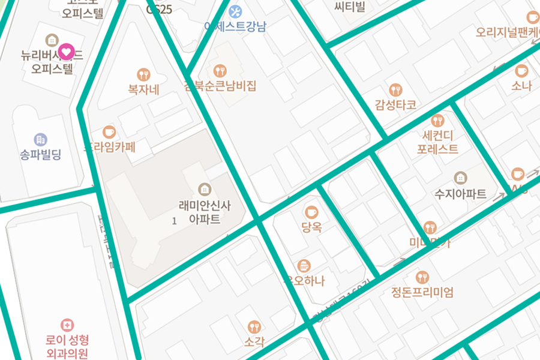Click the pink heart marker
pyautogui.click(x=67, y=52)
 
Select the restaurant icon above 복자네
pyautogui.click(x=143, y=74)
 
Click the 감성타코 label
pyautogui.click(x=395, y=105)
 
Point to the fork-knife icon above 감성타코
pyautogui.click(x=395, y=90)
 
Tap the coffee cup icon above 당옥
pyautogui.click(x=311, y=212)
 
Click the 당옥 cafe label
pyautogui.click(x=311, y=227)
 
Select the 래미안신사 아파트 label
pyautogui.click(x=204, y=212)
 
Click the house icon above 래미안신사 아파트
pyautogui.click(x=205, y=189)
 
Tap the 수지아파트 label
pyautogui.click(x=460, y=194)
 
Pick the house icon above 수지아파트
pyautogui.click(x=460, y=178)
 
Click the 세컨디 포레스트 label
pyautogui.click(x=437, y=142)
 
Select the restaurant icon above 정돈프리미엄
pyautogui.click(x=422, y=277)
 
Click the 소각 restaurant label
pyautogui.click(x=254, y=342)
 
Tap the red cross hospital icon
pyautogui.click(x=67, y=325)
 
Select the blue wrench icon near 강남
pyautogui.click(x=235, y=11)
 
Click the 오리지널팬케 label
pyautogui.click(x=507, y=32)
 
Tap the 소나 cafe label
pyautogui.click(x=521, y=86)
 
